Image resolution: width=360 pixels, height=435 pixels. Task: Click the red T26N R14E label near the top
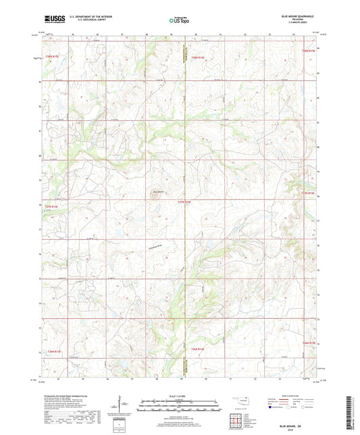point(197,58)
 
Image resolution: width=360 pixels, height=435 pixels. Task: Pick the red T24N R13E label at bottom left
point(53,352)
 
